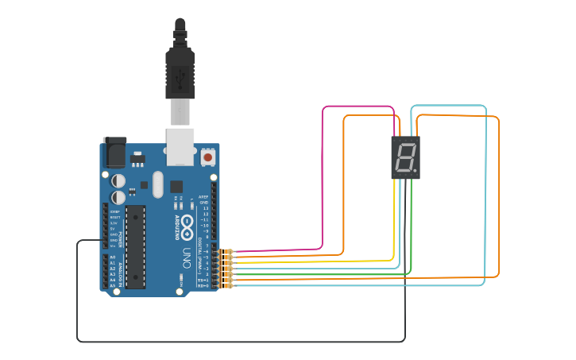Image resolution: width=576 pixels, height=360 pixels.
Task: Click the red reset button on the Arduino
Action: [x=208, y=157]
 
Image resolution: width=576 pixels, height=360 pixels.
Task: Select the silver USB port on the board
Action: [x=180, y=145]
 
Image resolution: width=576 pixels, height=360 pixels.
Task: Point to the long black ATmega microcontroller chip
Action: [x=136, y=246]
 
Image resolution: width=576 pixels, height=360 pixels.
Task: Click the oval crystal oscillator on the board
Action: [x=157, y=184]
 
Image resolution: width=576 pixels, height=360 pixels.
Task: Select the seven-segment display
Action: [x=405, y=157]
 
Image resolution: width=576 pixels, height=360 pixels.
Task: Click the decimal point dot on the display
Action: [x=415, y=171]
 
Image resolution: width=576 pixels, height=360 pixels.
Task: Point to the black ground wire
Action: [x=238, y=342]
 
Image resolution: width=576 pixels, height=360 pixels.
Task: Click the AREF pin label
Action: [x=204, y=196]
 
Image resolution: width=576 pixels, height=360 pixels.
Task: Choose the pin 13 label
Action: [x=206, y=208]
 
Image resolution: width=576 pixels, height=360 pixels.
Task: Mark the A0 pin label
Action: [x=112, y=258]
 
